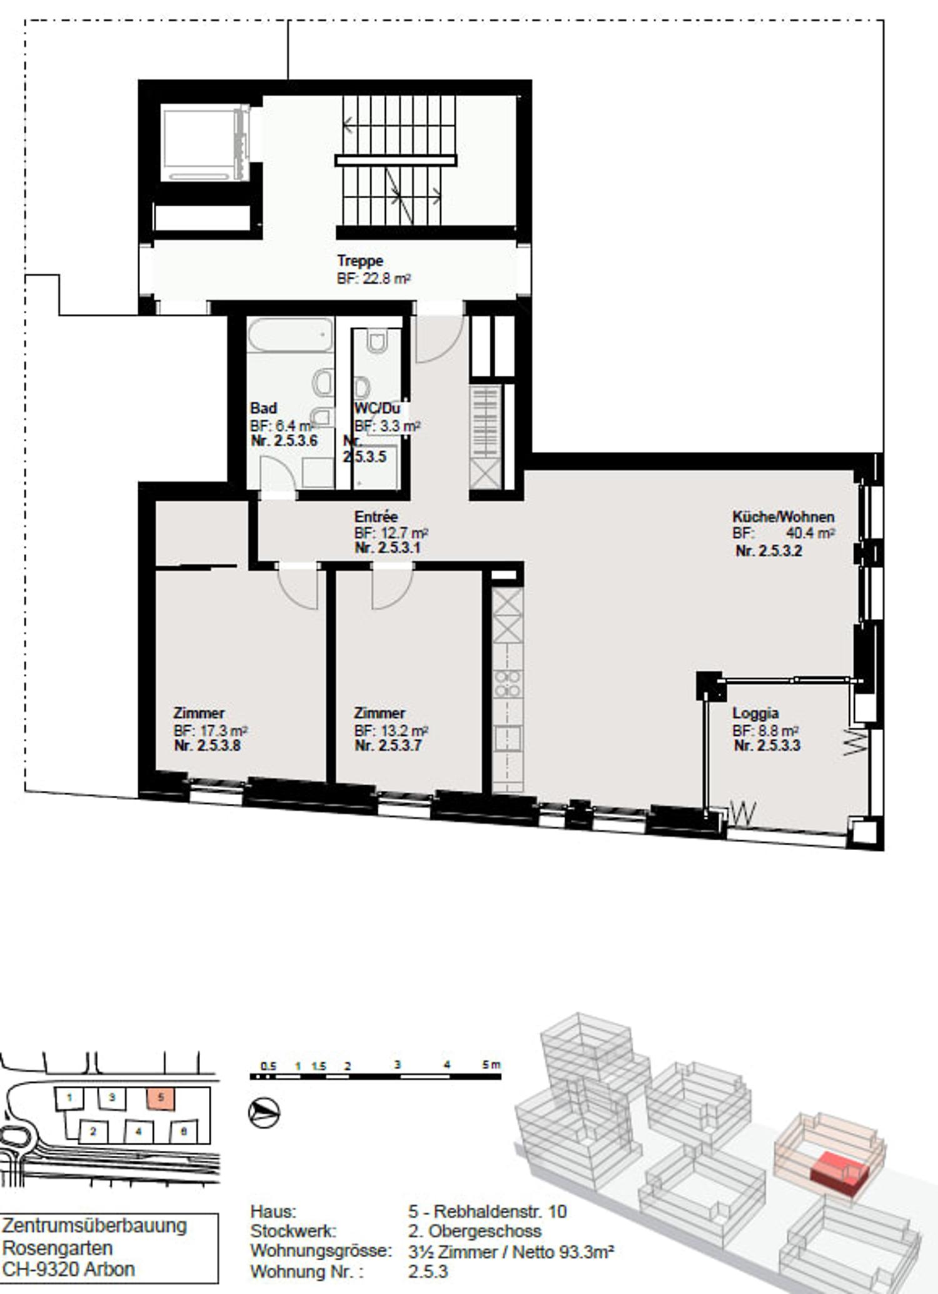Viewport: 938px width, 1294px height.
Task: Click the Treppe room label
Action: pyautogui.click(x=360, y=260)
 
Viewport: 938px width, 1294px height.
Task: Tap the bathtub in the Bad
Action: pyautogui.click(x=290, y=336)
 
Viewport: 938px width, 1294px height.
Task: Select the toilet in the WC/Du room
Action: pyautogui.click(x=376, y=342)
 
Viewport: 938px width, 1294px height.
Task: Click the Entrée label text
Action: pyautogui.click(x=376, y=516)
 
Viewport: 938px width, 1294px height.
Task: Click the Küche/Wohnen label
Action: pyautogui.click(x=783, y=516)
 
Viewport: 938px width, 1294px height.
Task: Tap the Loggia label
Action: pyautogui.click(x=755, y=713)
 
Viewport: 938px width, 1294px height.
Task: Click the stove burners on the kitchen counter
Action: pyautogui.click(x=507, y=683)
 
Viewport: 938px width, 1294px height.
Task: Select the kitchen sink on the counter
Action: pyautogui.click(x=507, y=738)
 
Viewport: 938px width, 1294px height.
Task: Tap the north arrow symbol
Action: pyautogui.click(x=265, y=1113)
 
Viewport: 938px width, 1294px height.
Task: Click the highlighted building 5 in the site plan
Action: pyautogui.click(x=161, y=1097)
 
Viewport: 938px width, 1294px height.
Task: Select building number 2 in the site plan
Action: pyautogui.click(x=93, y=1131)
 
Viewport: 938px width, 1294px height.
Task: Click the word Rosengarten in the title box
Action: pyautogui.click(x=58, y=1248)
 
